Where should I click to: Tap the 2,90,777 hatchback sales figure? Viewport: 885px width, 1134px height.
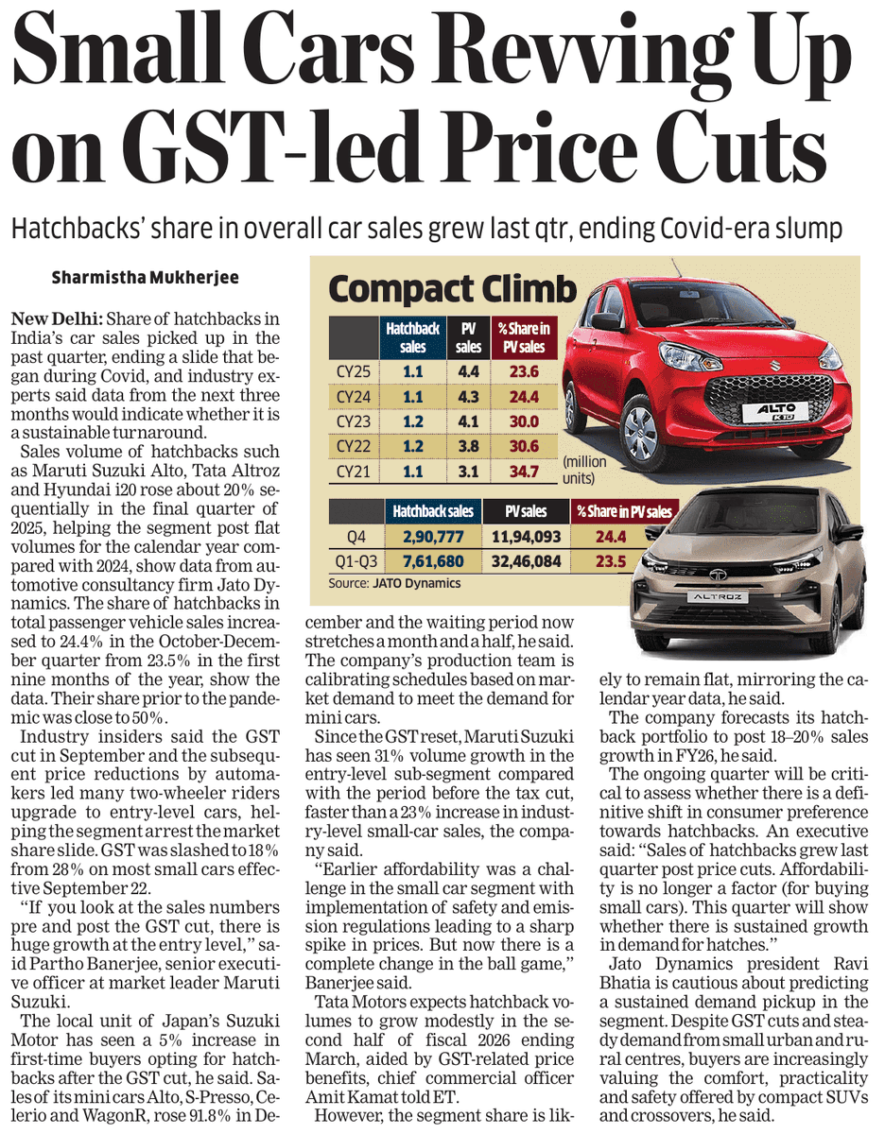pos(432,536)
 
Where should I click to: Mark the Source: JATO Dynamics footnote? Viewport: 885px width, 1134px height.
pos(394,583)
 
